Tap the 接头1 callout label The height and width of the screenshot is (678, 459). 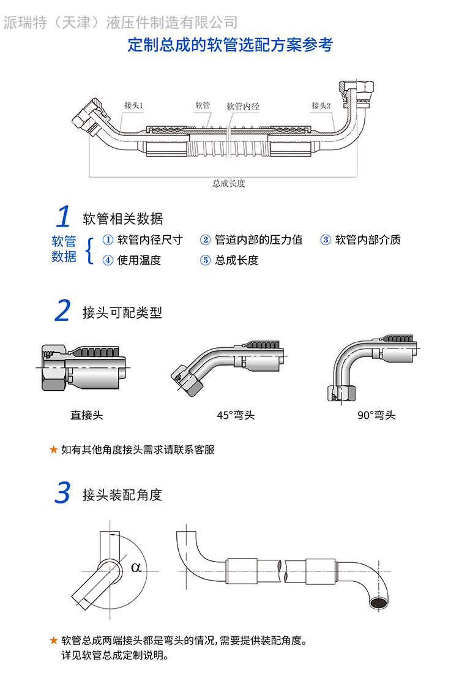pos(133,105)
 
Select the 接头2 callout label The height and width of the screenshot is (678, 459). pos(321,105)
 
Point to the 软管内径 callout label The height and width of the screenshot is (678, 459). pos(243,106)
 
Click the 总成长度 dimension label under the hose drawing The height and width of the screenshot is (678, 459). pos(229,183)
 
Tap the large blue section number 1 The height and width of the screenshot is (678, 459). pos(63,217)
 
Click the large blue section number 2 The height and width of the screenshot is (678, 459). pos(62,311)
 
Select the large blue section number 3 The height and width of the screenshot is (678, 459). pos(62,494)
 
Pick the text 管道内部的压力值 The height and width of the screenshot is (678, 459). pos(259,240)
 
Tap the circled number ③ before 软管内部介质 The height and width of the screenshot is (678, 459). pos(326,240)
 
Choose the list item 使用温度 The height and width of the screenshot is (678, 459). pos(139,260)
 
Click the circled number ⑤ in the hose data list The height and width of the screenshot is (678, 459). pos(206,260)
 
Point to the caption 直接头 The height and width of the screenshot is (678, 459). pos(87,415)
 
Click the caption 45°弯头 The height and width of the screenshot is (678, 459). pos(236,415)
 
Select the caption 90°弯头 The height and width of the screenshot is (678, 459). pos(376,415)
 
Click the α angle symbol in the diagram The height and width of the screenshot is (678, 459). pos(136,567)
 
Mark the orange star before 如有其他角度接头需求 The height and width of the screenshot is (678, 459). pos(53,450)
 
